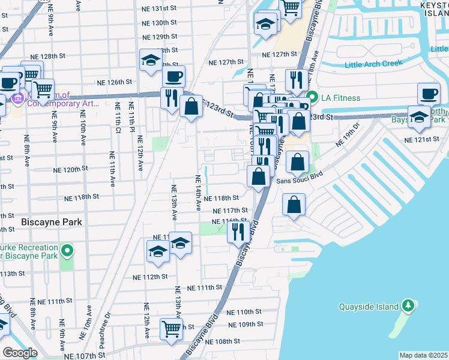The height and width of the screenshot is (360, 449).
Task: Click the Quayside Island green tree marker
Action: point(408,306)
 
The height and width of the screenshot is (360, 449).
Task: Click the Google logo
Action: point(20,353)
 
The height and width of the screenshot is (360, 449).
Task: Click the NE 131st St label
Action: point(160,8)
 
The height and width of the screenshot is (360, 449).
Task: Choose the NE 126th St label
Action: point(115,82)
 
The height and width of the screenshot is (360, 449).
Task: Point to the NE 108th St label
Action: point(223,341)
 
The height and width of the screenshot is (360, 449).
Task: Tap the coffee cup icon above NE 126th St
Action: point(174,76)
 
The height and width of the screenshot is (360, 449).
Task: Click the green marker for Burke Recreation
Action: point(68,251)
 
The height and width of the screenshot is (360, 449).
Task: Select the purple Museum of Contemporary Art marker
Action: point(16,98)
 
